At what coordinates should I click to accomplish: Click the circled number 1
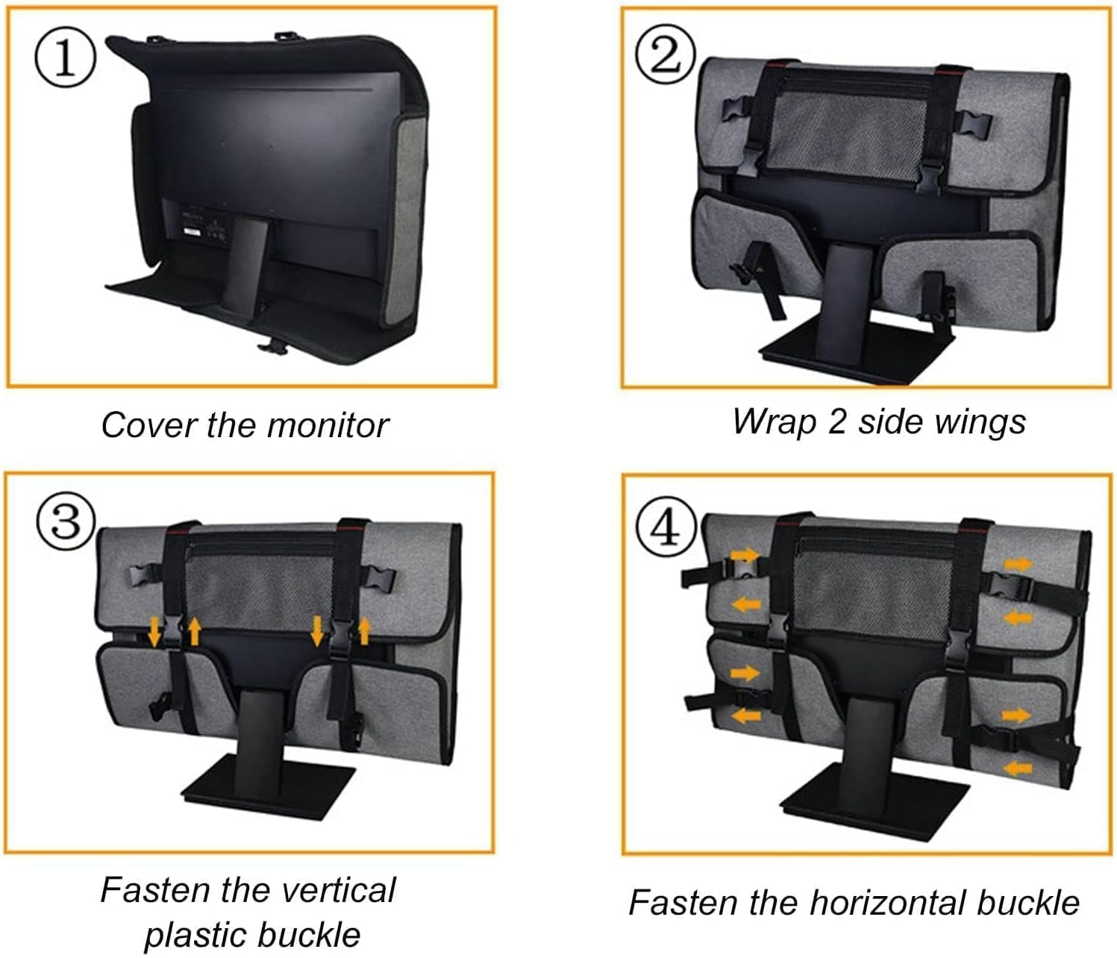tap(66, 60)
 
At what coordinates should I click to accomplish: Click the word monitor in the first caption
tap(328, 425)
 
